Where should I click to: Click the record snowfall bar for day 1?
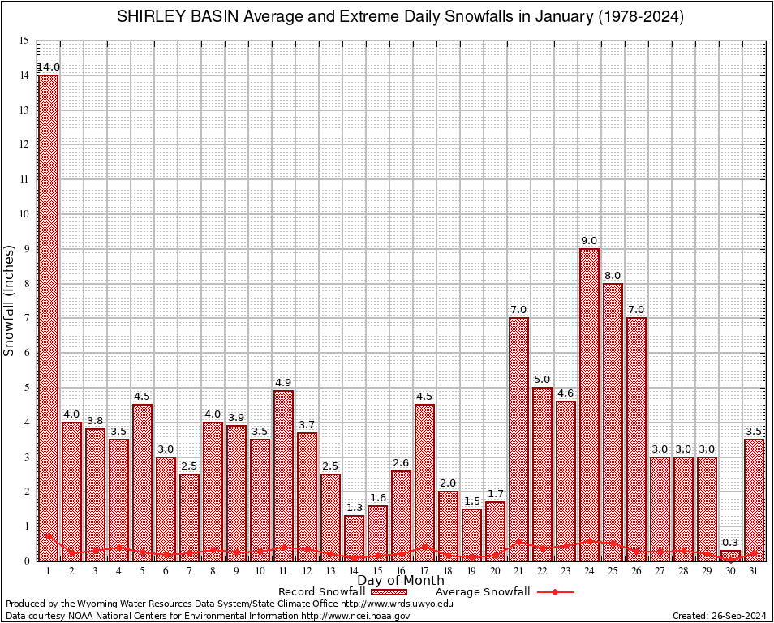[x=48, y=316]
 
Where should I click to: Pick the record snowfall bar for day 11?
[x=283, y=475]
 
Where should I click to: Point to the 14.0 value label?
[x=48, y=67]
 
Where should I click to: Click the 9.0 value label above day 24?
[x=589, y=240]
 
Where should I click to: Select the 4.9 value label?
[x=283, y=382]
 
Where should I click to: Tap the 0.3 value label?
[x=730, y=542]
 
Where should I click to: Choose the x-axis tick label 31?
[x=754, y=571]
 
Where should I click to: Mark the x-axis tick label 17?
[x=424, y=571]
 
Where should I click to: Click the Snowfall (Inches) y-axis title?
[x=10, y=300]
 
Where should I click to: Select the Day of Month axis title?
[x=400, y=580]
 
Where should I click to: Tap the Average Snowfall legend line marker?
[x=554, y=592]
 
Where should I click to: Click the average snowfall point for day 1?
[x=48, y=535]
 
